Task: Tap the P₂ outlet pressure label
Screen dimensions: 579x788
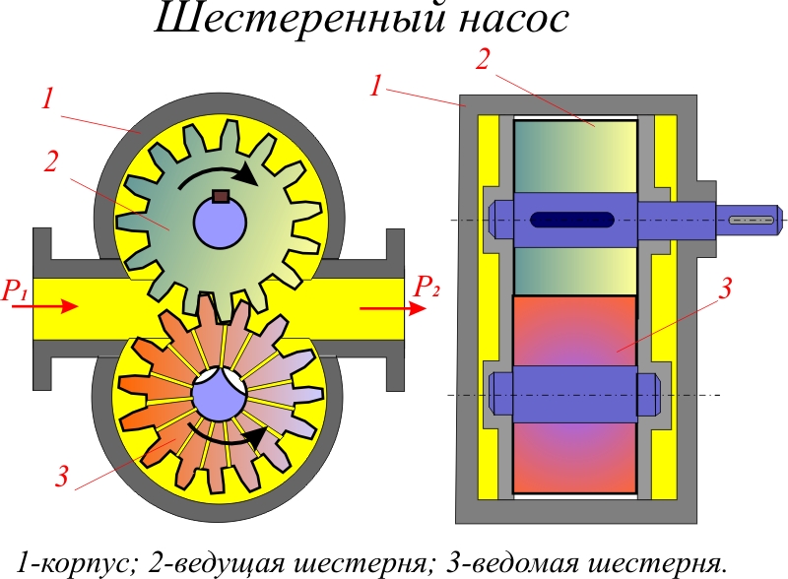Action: [427, 287]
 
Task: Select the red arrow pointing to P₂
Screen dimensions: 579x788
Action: [392, 307]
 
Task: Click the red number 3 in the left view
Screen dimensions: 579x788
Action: [63, 479]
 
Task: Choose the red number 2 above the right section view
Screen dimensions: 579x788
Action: [483, 58]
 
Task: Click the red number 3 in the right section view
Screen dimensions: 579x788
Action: [726, 289]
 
